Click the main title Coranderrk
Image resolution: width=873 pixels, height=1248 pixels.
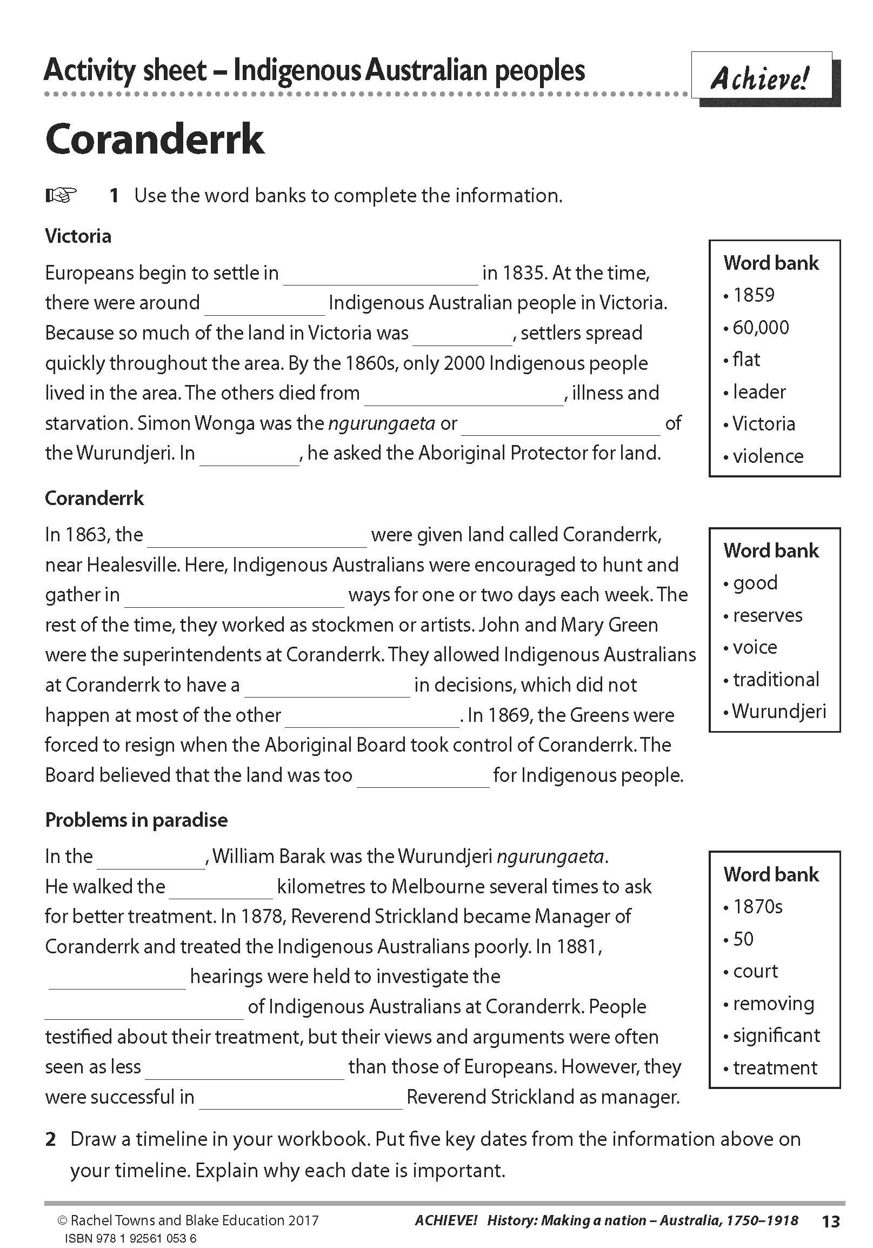155,140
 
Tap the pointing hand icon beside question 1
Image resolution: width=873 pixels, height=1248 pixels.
61,195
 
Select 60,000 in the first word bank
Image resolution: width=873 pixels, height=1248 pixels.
761,327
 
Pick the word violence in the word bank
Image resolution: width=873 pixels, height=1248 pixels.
768,456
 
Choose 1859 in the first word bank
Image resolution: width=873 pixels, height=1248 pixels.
754,295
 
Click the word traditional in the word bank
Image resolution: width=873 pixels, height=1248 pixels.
776,680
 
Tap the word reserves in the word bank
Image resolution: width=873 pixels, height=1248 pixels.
768,615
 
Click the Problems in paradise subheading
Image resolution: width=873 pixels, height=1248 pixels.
136,820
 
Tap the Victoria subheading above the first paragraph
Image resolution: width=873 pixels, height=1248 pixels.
78,236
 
